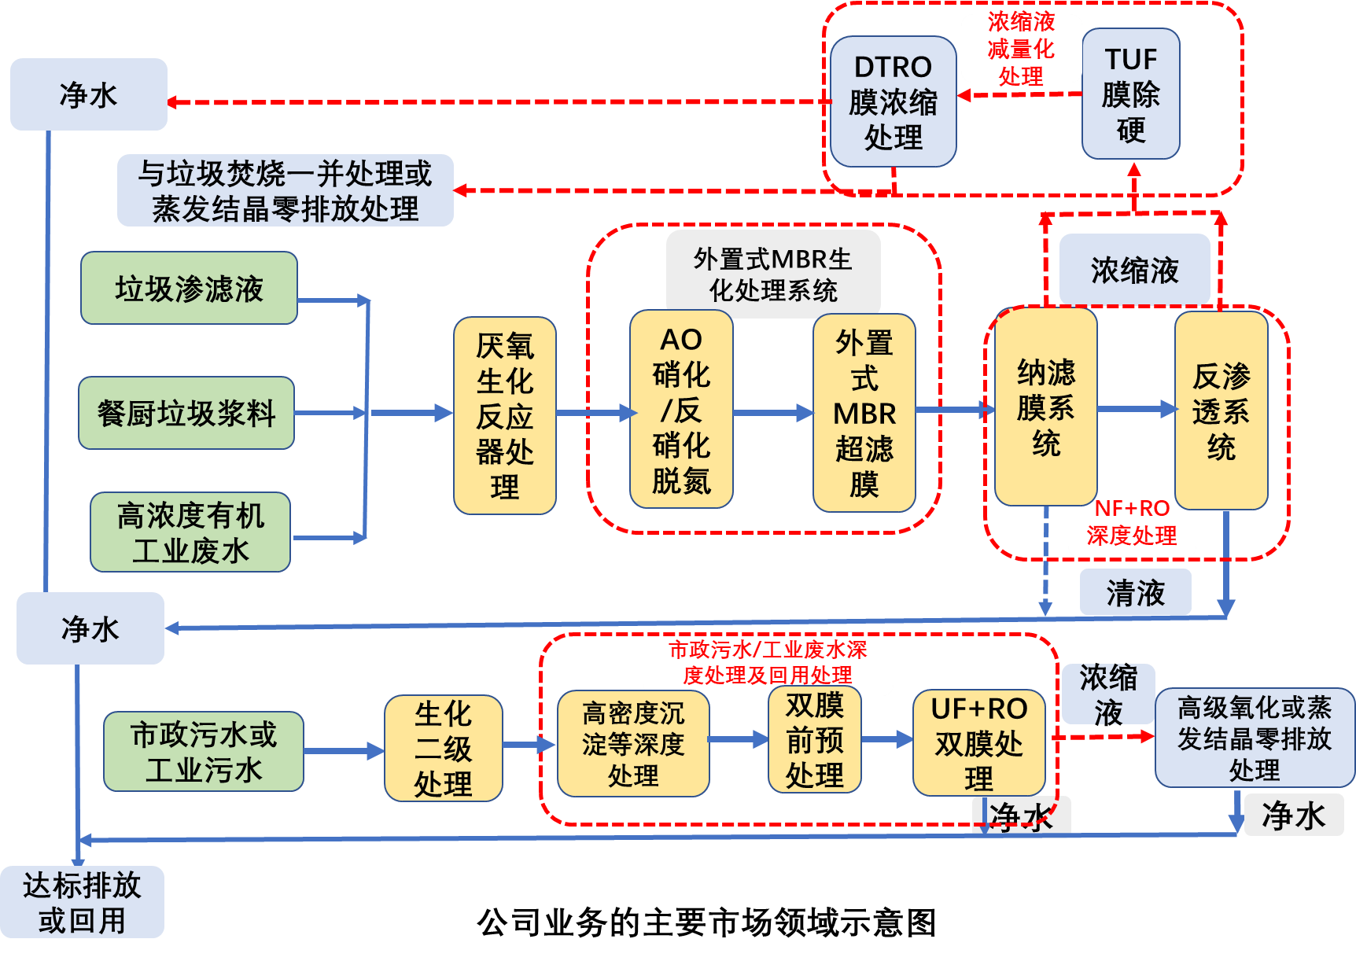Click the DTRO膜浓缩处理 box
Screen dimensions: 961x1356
click(893, 101)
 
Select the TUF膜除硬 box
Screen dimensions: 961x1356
click(1130, 94)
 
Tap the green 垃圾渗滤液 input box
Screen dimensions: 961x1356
click(189, 288)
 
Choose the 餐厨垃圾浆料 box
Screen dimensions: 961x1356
click(186, 413)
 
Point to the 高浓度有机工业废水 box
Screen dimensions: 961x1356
click(190, 532)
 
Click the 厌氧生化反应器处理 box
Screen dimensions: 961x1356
click(504, 415)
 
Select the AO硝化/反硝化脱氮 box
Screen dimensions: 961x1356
click(681, 410)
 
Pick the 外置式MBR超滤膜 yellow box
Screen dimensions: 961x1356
click(864, 413)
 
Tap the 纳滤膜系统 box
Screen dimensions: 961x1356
click(1045, 407)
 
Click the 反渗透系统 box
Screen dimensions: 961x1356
click(1221, 411)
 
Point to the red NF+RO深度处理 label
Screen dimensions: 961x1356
click(1132, 522)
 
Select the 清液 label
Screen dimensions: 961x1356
click(1135, 592)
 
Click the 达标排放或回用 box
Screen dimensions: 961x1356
click(82, 902)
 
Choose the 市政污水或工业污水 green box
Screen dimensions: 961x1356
click(204, 752)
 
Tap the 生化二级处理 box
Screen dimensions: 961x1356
click(443, 748)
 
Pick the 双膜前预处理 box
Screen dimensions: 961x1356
click(814, 739)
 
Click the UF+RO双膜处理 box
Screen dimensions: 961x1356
click(978, 743)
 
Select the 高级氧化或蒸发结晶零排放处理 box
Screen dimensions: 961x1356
click(1254, 738)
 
